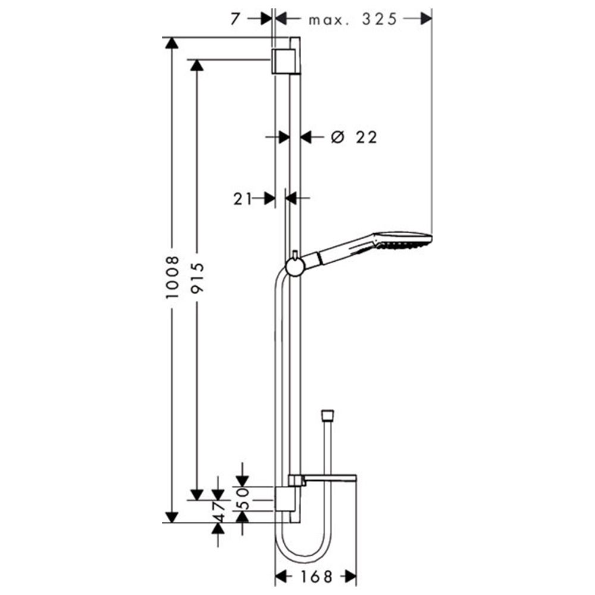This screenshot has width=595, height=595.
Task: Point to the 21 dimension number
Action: tap(243, 198)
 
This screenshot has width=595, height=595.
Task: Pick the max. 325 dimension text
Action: tap(352, 19)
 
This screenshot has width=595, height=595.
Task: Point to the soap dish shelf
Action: tap(327, 478)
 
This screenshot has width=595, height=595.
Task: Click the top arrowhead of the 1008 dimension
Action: tap(172, 43)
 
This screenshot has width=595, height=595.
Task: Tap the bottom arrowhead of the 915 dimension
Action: tap(197, 494)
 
